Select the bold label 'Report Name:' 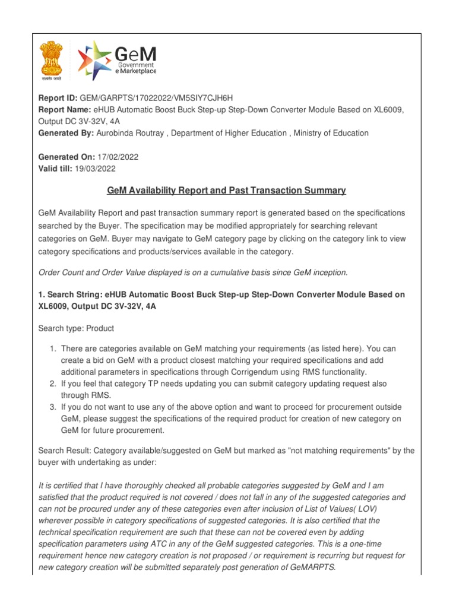point(64,110)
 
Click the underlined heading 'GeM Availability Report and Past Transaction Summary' point(226,191)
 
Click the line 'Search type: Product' point(77,328)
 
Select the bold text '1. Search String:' point(73,295)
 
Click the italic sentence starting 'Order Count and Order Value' point(192,273)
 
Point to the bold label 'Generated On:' point(66,157)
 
